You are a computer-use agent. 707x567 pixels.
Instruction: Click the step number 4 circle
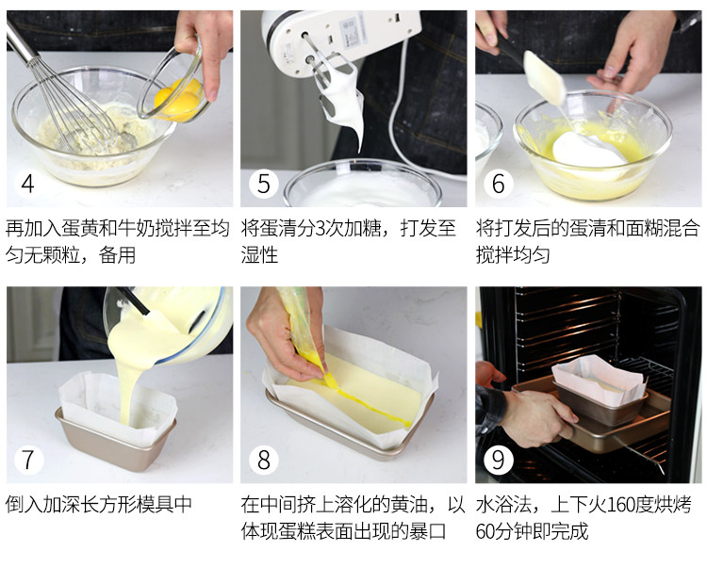pos(28,184)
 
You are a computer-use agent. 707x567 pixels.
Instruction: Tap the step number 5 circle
pos(264,184)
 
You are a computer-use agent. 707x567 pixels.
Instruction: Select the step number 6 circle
pos(499,184)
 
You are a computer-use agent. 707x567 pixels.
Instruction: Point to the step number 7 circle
pos(28,460)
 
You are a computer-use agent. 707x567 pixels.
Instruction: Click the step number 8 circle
pos(264,460)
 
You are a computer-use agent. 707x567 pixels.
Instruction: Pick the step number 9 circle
pos(499,460)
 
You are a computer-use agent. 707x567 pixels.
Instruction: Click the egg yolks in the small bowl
pos(178,100)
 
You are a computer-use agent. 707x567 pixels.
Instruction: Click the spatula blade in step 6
pos(544,77)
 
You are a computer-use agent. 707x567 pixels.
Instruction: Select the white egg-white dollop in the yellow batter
pos(586,150)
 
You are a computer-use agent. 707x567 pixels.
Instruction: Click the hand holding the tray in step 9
pos(530,416)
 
